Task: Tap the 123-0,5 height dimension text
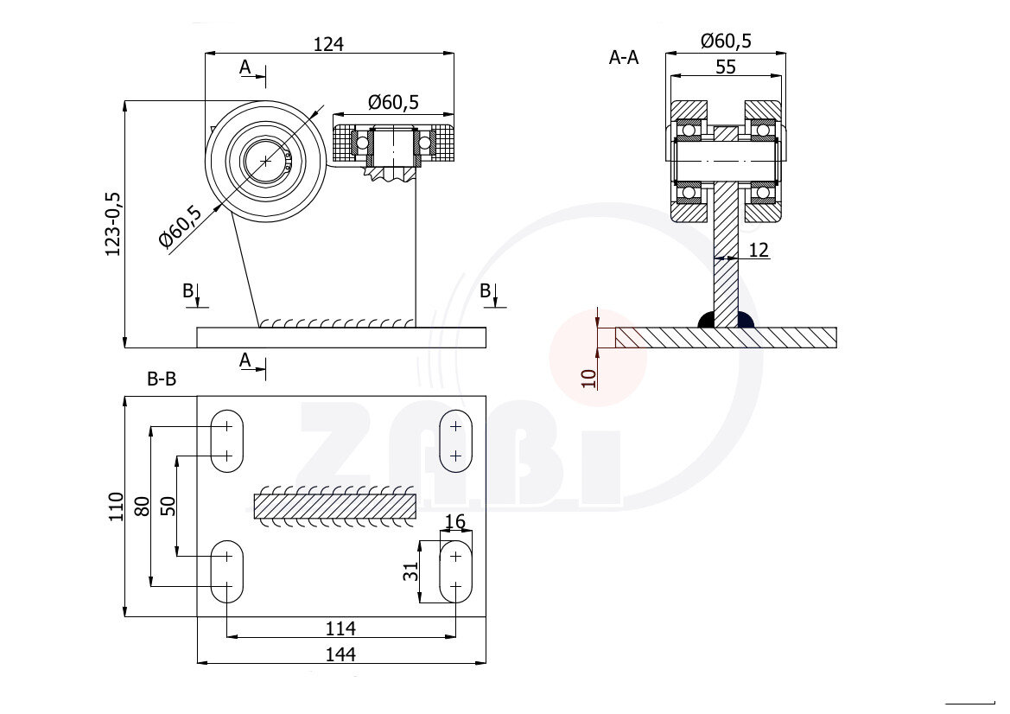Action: (113, 223)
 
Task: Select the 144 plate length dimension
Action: (342, 654)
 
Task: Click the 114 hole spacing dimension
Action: (342, 628)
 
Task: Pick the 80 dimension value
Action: (143, 507)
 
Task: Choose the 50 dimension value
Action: (168, 507)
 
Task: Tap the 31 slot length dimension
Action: (411, 571)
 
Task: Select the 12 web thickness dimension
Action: (759, 250)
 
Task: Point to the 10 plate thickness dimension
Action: (588, 378)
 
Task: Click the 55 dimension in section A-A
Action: (726, 67)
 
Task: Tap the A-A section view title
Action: (624, 58)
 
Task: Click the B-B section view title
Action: (162, 379)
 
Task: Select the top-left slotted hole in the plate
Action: (227, 441)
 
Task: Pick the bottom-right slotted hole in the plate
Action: (456, 571)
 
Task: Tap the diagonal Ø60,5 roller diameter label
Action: (181, 227)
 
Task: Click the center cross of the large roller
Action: (265, 160)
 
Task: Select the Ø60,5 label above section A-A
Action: (726, 41)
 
